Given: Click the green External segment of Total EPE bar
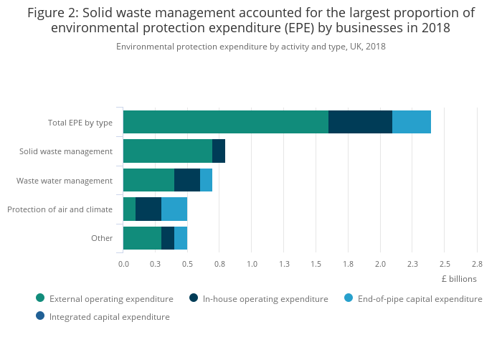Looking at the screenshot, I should (225, 122).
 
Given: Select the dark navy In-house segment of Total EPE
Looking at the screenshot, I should (360, 122).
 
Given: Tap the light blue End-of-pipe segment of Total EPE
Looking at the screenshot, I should (412, 122).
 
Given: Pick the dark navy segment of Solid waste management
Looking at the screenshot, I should (219, 151).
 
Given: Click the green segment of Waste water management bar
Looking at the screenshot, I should (148, 179).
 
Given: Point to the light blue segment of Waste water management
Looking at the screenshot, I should (206, 179).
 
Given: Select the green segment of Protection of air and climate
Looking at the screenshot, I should (129, 209).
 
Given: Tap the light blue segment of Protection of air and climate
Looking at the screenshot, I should (174, 209).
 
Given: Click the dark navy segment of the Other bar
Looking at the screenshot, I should (168, 237).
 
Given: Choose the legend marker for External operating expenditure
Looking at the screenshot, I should (40, 298).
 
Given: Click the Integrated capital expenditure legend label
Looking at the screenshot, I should (109, 316).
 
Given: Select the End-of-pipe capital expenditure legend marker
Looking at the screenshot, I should (349, 298).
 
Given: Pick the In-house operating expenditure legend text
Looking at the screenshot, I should (265, 298).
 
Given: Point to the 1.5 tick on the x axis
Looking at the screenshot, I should (316, 264).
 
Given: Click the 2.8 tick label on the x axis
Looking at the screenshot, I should (477, 264).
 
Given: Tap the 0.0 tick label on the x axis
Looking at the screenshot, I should (123, 264).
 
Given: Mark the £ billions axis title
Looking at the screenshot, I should (458, 278).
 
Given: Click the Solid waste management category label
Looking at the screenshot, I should (66, 151).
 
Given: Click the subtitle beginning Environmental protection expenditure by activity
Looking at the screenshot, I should (251, 46).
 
